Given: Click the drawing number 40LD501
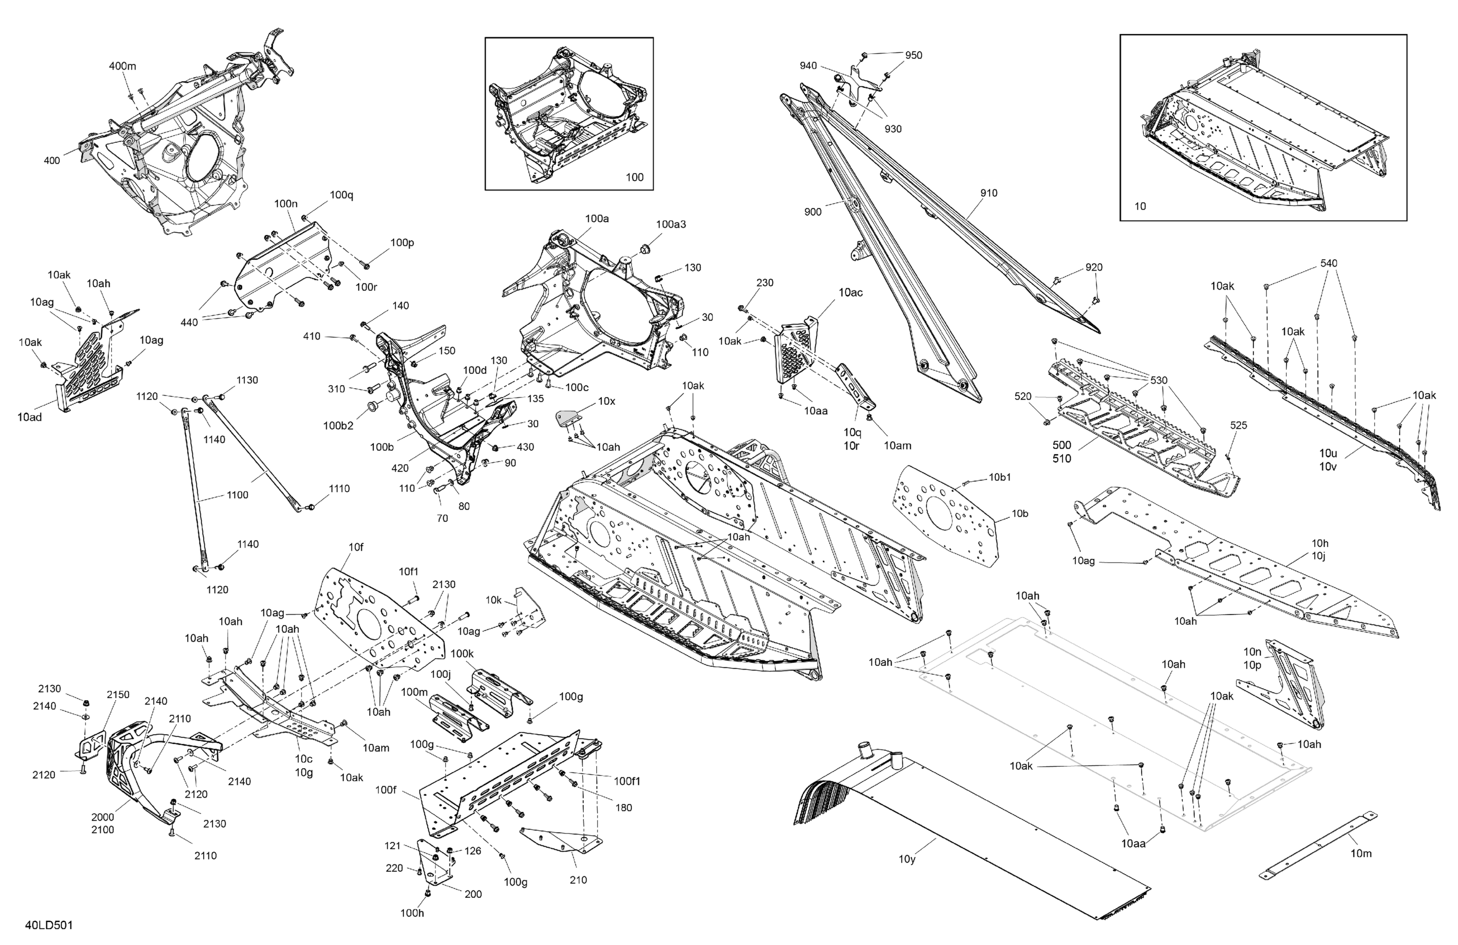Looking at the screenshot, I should (49, 925).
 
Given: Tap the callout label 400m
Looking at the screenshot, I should (122, 66).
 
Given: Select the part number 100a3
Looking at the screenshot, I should (671, 224).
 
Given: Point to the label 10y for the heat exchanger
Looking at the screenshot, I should (907, 859).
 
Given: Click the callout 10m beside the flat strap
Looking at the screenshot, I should (1361, 853).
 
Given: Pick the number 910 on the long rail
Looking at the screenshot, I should (989, 193).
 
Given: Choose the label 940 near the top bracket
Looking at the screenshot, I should (808, 66).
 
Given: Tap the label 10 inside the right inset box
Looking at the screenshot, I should (1140, 206).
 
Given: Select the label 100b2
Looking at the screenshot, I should (338, 426).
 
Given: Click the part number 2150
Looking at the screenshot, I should (118, 694).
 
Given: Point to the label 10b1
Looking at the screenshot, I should (1000, 477).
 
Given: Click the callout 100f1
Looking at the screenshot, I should (627, 781).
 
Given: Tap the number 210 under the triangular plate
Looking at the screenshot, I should (578, 880).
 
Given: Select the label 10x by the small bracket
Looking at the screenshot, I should (607, 401).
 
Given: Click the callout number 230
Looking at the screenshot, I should (764, 283).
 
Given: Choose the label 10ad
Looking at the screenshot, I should (30, 417).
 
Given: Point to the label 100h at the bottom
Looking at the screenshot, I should (412, 913).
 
